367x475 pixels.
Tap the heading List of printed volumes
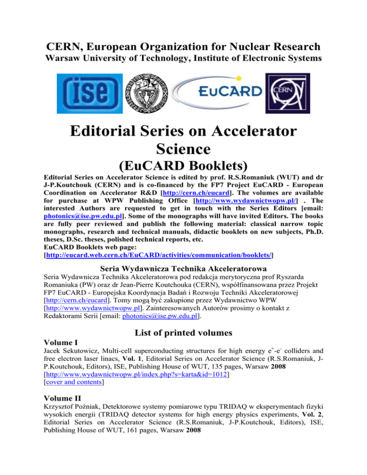pos(183,348)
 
